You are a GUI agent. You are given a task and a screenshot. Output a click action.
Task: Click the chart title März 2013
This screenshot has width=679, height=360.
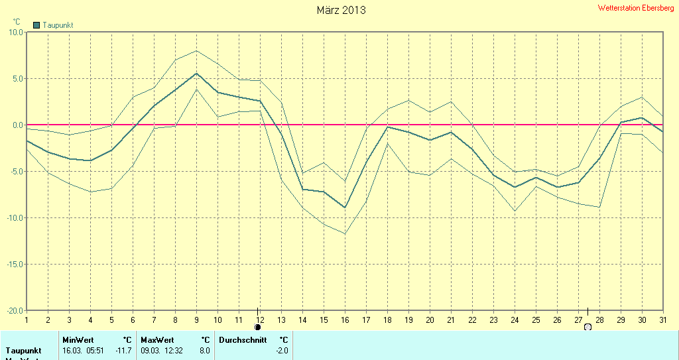341,10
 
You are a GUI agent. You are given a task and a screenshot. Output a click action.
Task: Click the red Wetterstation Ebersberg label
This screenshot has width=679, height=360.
636,8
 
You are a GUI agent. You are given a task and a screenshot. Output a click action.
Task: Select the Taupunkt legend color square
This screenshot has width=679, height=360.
36,25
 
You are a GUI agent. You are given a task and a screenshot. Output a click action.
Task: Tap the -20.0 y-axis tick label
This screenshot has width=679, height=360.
14,310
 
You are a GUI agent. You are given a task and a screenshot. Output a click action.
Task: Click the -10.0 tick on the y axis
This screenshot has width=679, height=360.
14,217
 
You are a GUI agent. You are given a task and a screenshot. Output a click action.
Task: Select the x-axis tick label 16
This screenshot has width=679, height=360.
345,320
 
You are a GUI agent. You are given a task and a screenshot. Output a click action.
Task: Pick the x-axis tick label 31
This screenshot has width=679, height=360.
662,320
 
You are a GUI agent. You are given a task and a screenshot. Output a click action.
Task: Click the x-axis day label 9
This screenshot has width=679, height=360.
196,320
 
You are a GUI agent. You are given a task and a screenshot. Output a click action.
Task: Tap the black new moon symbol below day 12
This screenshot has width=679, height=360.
257,327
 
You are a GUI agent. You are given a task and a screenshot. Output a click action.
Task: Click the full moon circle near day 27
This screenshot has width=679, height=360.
587,327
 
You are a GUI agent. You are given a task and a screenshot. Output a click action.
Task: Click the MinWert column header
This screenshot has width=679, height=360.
78,340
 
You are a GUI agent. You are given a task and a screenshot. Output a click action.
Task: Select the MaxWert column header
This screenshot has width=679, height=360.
156,340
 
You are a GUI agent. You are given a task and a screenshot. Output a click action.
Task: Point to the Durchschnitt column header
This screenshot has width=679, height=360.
242,340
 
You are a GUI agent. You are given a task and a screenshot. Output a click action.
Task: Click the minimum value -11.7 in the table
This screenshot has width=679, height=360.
124,350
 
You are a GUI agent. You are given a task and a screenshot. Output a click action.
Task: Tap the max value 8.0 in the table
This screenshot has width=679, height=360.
204,350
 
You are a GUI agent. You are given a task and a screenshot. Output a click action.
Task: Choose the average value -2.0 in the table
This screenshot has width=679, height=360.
282,350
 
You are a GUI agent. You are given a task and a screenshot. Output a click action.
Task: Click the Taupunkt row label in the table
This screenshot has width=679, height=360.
23,350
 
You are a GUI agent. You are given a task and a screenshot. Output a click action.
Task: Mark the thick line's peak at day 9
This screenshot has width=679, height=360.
196,73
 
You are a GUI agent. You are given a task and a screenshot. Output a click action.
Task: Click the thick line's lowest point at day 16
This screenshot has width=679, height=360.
345,208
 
